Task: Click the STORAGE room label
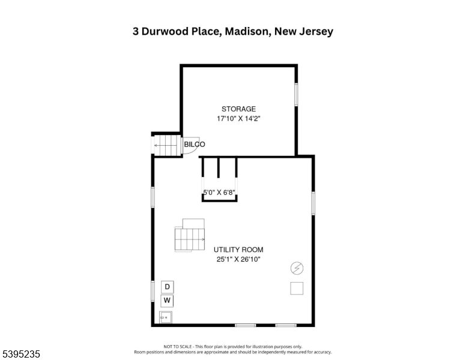coord(238,109)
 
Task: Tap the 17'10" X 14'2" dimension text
coord(238,119)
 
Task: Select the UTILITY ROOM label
coord(238,250)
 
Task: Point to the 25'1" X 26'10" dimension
coord(238,259)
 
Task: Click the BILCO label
coord(195,145)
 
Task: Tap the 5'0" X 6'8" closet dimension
coord(219,193)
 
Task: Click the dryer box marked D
coord(168,287)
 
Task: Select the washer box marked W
coord(167,301)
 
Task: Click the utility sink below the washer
coord(166,317)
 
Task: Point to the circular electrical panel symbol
coord(297,268)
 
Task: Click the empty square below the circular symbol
coord(297,288)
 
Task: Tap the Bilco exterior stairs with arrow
coord(168,146)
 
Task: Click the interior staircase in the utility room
coord(190,236)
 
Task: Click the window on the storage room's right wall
coord(296,94)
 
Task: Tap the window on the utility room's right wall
coord(313,203)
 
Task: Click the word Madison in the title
coord(248,31)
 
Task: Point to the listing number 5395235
coord(21,354)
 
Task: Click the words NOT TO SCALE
coord(177,347)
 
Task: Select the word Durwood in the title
coord(165,31)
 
